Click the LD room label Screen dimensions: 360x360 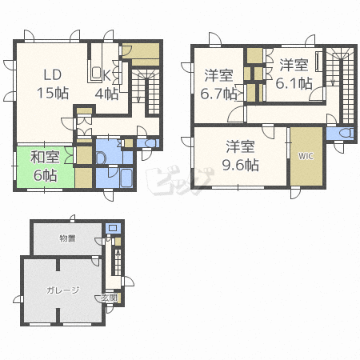tap(53, 75)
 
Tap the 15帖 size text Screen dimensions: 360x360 tap(53, 93)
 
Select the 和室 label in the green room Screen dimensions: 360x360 tap(45, 157)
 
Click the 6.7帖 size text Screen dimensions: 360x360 tap(218, 94)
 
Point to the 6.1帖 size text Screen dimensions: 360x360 tap(294, 83)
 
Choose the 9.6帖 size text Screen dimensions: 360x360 tap(241, 165)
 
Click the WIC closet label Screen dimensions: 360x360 tap(306, 156)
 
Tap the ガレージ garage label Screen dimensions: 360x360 tap(63, 290)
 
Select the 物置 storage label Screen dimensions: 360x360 tap(67, 238)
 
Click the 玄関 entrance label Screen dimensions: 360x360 tap(110, 298)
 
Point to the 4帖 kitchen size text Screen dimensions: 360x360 tap(106, 94)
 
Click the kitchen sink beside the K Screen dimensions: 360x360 tap(96, 72)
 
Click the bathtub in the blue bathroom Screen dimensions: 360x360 tap(126, 178)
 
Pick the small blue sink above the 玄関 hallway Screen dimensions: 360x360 tap(113, 228)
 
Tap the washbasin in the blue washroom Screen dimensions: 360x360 tap(101, 158)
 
